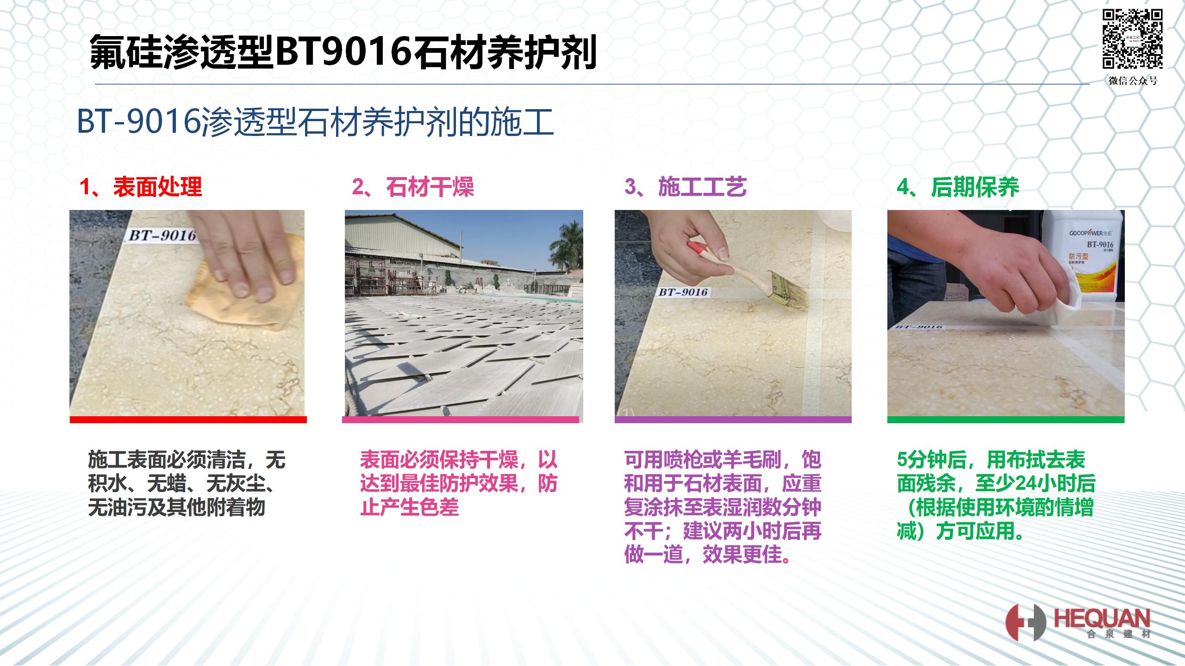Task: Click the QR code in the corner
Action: [1132, 39]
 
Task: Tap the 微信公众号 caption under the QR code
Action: [1133, 81]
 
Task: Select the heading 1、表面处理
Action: [141, 187]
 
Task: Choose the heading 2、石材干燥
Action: [413, 187]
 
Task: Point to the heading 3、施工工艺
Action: [686, 187]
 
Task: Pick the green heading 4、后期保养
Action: [958, 187]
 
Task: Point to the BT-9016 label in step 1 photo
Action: [162, 235]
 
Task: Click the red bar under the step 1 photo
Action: [188, 419]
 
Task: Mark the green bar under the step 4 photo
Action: [1006, 419]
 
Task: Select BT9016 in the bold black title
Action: [343, 52]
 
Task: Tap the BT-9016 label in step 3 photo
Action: [683, 292]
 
